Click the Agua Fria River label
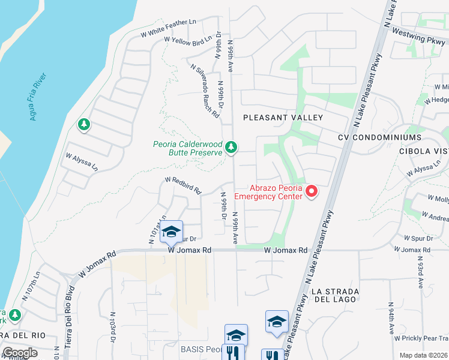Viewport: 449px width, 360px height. click(x=40, y=97)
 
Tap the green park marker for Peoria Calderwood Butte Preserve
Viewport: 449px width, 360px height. click(x=231, y=147)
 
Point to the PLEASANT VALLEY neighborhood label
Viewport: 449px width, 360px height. click(x=283, y=118)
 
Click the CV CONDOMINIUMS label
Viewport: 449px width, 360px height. click(x=379, y=137)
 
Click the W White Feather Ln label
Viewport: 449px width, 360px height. click(x=169, y=28)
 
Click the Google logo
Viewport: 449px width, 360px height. click(x=19, y=353)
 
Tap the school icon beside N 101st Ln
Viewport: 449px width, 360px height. click(x=171, y=231)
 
